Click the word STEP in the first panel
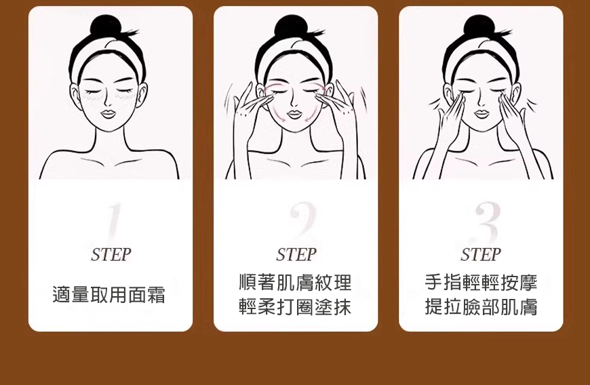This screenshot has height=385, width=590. tap(111, 255)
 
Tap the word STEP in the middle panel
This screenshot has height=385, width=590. tap(296, 255)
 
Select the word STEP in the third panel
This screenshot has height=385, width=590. tap(481, 255)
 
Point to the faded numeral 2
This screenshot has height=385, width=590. tap(302, 220)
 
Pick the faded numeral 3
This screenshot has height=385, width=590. tap(486, 222)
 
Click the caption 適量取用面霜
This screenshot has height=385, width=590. tap(109, 294)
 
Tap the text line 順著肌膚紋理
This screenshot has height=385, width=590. tap(296, 283)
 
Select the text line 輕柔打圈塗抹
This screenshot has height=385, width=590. tap(296, 307)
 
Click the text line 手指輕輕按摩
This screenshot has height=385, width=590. tap(481, 283)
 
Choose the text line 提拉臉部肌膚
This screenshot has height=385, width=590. tap(481, 307)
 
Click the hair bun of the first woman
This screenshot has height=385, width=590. tap(106, 26)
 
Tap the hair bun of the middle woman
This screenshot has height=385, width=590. tap(291, 26)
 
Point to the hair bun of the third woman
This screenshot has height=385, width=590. tap(479, 26)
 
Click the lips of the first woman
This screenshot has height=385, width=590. tap(108, 113)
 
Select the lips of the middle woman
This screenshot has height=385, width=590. tap(294, 114)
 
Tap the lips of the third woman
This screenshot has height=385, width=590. tap(481, 113)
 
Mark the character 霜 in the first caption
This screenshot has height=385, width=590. tap(157, 294)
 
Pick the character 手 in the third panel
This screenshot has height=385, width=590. tap(433, 283)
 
